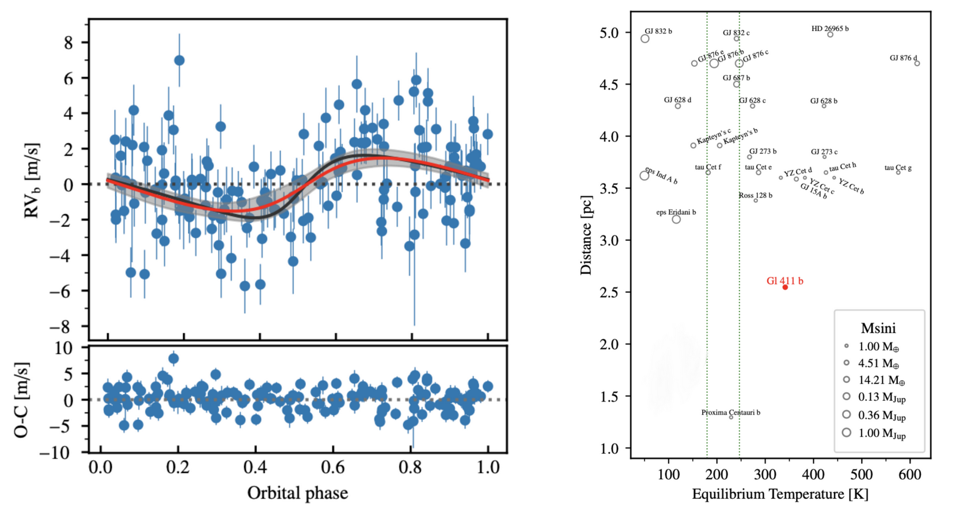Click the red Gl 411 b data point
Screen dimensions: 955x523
click(x=785, y=287)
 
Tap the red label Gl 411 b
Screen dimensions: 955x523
click(x=785, y=281)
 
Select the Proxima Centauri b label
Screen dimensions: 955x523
click(x=731, y=412)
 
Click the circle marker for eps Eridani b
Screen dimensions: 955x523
click(x=676, y=219)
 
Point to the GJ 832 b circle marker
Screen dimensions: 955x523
click(x=645, y=39)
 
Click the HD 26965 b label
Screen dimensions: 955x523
click(x=830, y=29)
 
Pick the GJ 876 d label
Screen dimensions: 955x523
click(x=903, y=58)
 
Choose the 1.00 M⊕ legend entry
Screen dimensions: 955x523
click(x=873, y=347)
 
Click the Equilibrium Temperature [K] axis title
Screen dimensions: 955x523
click(x=780, y=494)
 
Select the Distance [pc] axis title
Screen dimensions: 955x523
click(x=586, y=235)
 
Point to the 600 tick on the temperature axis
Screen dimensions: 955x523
click(x=910, y=475)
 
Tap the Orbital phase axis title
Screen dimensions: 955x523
click(x=298, y=493)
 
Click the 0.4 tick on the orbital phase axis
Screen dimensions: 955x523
click(x=255, y=468)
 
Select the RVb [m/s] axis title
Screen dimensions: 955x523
click(x=32, y=180)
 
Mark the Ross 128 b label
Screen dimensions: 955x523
click(x=756, y=195)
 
